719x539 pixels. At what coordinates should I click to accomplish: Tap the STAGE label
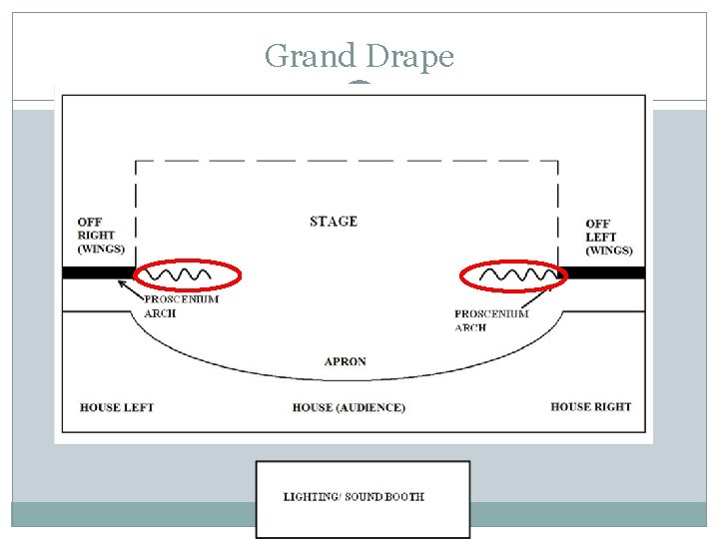pyautogui.click(x=334, y=222)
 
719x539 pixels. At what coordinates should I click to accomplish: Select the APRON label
pyautogui.click(x=346, y=361)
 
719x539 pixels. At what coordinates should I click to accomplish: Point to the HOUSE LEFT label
pyautogui.click(x=117, y=407)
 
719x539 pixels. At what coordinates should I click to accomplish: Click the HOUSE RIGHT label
pyautogui.click(x=591, y=406)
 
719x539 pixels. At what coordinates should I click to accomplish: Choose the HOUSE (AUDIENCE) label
pyautogui.click(x=349, y=407)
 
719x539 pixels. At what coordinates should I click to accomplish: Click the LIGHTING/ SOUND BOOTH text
pyautogui.click(x=354, y=496)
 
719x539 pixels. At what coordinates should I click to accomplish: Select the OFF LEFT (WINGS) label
pyautogui.click(x=609, y=237)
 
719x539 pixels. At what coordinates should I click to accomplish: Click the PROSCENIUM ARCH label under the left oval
pyautogui.click(x=181, y=305)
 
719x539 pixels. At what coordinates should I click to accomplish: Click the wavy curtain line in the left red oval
pyautogui.click(x=180, y=272)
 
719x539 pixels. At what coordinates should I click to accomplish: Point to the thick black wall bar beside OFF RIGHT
pyautogui.click(x=98, y=272)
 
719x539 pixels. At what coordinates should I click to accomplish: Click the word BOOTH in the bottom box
pyautogui.click(x=404, y=496)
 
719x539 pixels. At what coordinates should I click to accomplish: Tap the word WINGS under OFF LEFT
pyautogui.click(x=609, y=251)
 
